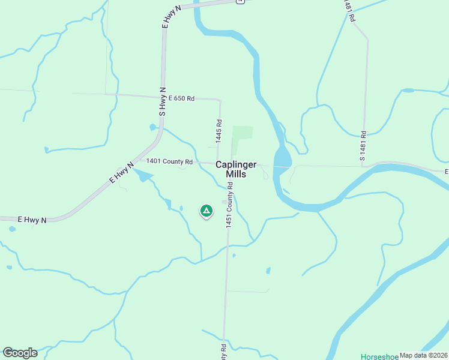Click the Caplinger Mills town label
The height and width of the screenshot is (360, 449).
click(x=237, y=169)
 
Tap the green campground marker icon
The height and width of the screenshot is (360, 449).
click(x=206, y=211)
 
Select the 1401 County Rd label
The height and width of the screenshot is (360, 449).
click(x=169, y=161)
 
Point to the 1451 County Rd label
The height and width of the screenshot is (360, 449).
click(x=229, y=208)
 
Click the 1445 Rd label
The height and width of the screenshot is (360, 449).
click(x=218, y=126)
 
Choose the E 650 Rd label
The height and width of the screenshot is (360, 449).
click(x=181, y=98)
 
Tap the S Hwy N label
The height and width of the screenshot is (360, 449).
click(x=161, y=101)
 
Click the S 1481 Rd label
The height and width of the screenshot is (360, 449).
click(x=363, y=146)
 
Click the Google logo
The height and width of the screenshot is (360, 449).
click(x=20, y=353)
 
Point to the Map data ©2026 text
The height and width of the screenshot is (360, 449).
click(x=423, y=355)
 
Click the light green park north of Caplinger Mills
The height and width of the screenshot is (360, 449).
click(x=242, y=133)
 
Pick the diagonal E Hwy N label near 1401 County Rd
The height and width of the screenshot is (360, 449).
click(x=122, y=173)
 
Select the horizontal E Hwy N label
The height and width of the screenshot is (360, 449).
click(x=32, y=220)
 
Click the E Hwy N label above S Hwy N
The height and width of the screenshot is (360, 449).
click(x=172, y=16)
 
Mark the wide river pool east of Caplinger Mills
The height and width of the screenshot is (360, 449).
click(x=282, y=159)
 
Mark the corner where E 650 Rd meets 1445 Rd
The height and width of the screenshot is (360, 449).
click(x=220, y=100)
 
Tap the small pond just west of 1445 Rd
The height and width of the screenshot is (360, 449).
click(x=153, y=127)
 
